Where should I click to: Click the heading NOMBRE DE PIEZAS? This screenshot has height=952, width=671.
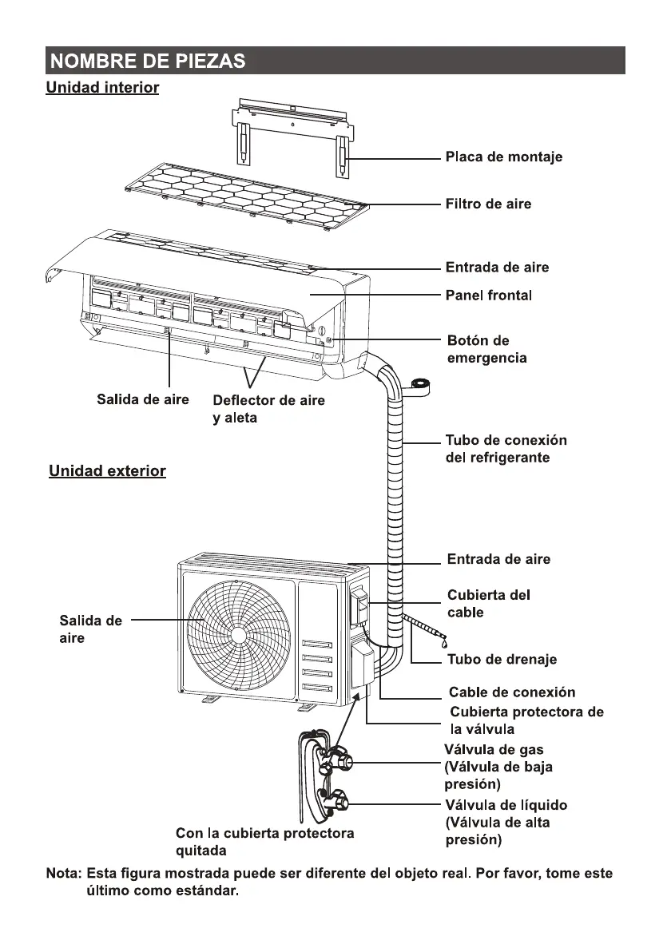148,61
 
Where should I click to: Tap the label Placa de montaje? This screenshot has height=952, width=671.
504,157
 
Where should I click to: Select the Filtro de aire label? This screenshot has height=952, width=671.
488,204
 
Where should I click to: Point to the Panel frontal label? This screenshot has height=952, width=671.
488,295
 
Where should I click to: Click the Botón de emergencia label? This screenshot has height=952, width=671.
487,349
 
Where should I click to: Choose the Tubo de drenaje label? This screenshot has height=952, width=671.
502,660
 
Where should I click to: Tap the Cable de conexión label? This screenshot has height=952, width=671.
512,692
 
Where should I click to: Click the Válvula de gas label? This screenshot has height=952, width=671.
498,767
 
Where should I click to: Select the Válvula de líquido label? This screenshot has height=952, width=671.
506,823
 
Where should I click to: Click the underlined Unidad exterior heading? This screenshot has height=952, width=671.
108,471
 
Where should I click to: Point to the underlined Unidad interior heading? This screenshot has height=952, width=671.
102,87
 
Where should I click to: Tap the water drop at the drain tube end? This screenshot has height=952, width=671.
445,641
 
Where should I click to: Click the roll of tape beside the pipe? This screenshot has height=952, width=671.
420,386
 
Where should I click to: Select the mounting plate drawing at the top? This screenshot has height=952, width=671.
293,137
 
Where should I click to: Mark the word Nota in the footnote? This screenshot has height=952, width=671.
63,874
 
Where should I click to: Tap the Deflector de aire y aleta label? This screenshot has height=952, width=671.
268,409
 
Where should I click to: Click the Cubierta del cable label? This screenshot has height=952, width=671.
489,604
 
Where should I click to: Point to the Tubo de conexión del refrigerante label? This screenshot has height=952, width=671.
506,449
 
